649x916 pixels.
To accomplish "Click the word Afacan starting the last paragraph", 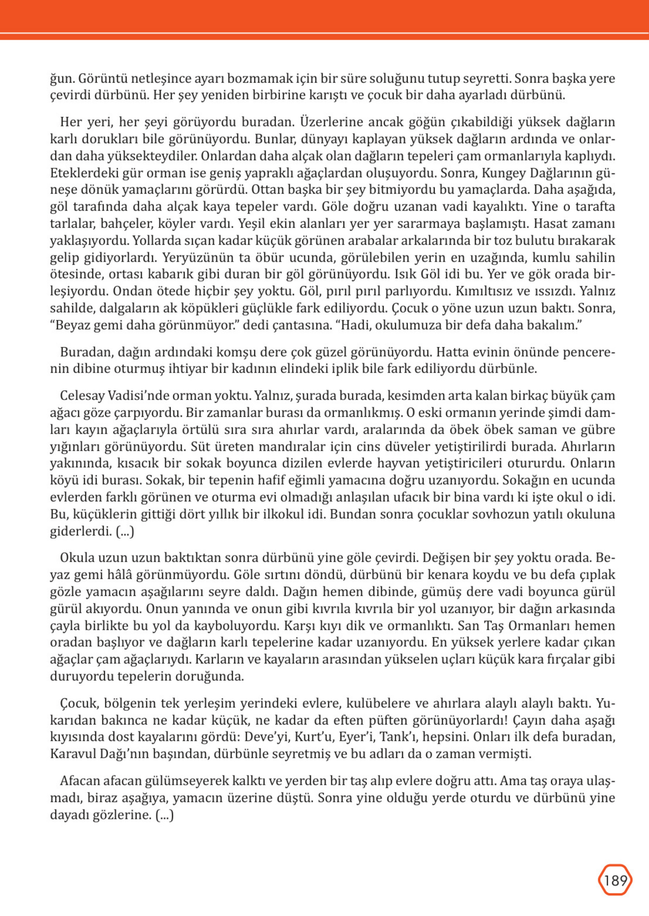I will tap(80, 781).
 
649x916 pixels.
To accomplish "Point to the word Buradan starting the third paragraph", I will tap(82, 352).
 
